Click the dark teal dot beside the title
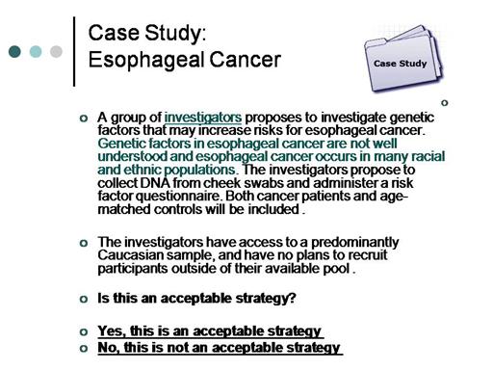[x=14, y=51]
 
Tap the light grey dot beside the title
[x=56, y=51]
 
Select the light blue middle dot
[x=36, y=51]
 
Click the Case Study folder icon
[x=403, y=58]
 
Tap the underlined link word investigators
[x=203, y=118]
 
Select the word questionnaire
[x=178, y=197]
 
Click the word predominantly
[x=355, y=243]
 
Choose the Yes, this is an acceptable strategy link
[x=210, y=331]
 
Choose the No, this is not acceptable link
[x=220, y=348]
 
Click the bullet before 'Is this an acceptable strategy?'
[x=84, y=299]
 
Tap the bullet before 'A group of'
[x=84, y=119]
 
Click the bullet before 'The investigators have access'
[x=84, y=243]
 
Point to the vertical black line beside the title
[x=74, y=51]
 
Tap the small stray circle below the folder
[x=445, y=103]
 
